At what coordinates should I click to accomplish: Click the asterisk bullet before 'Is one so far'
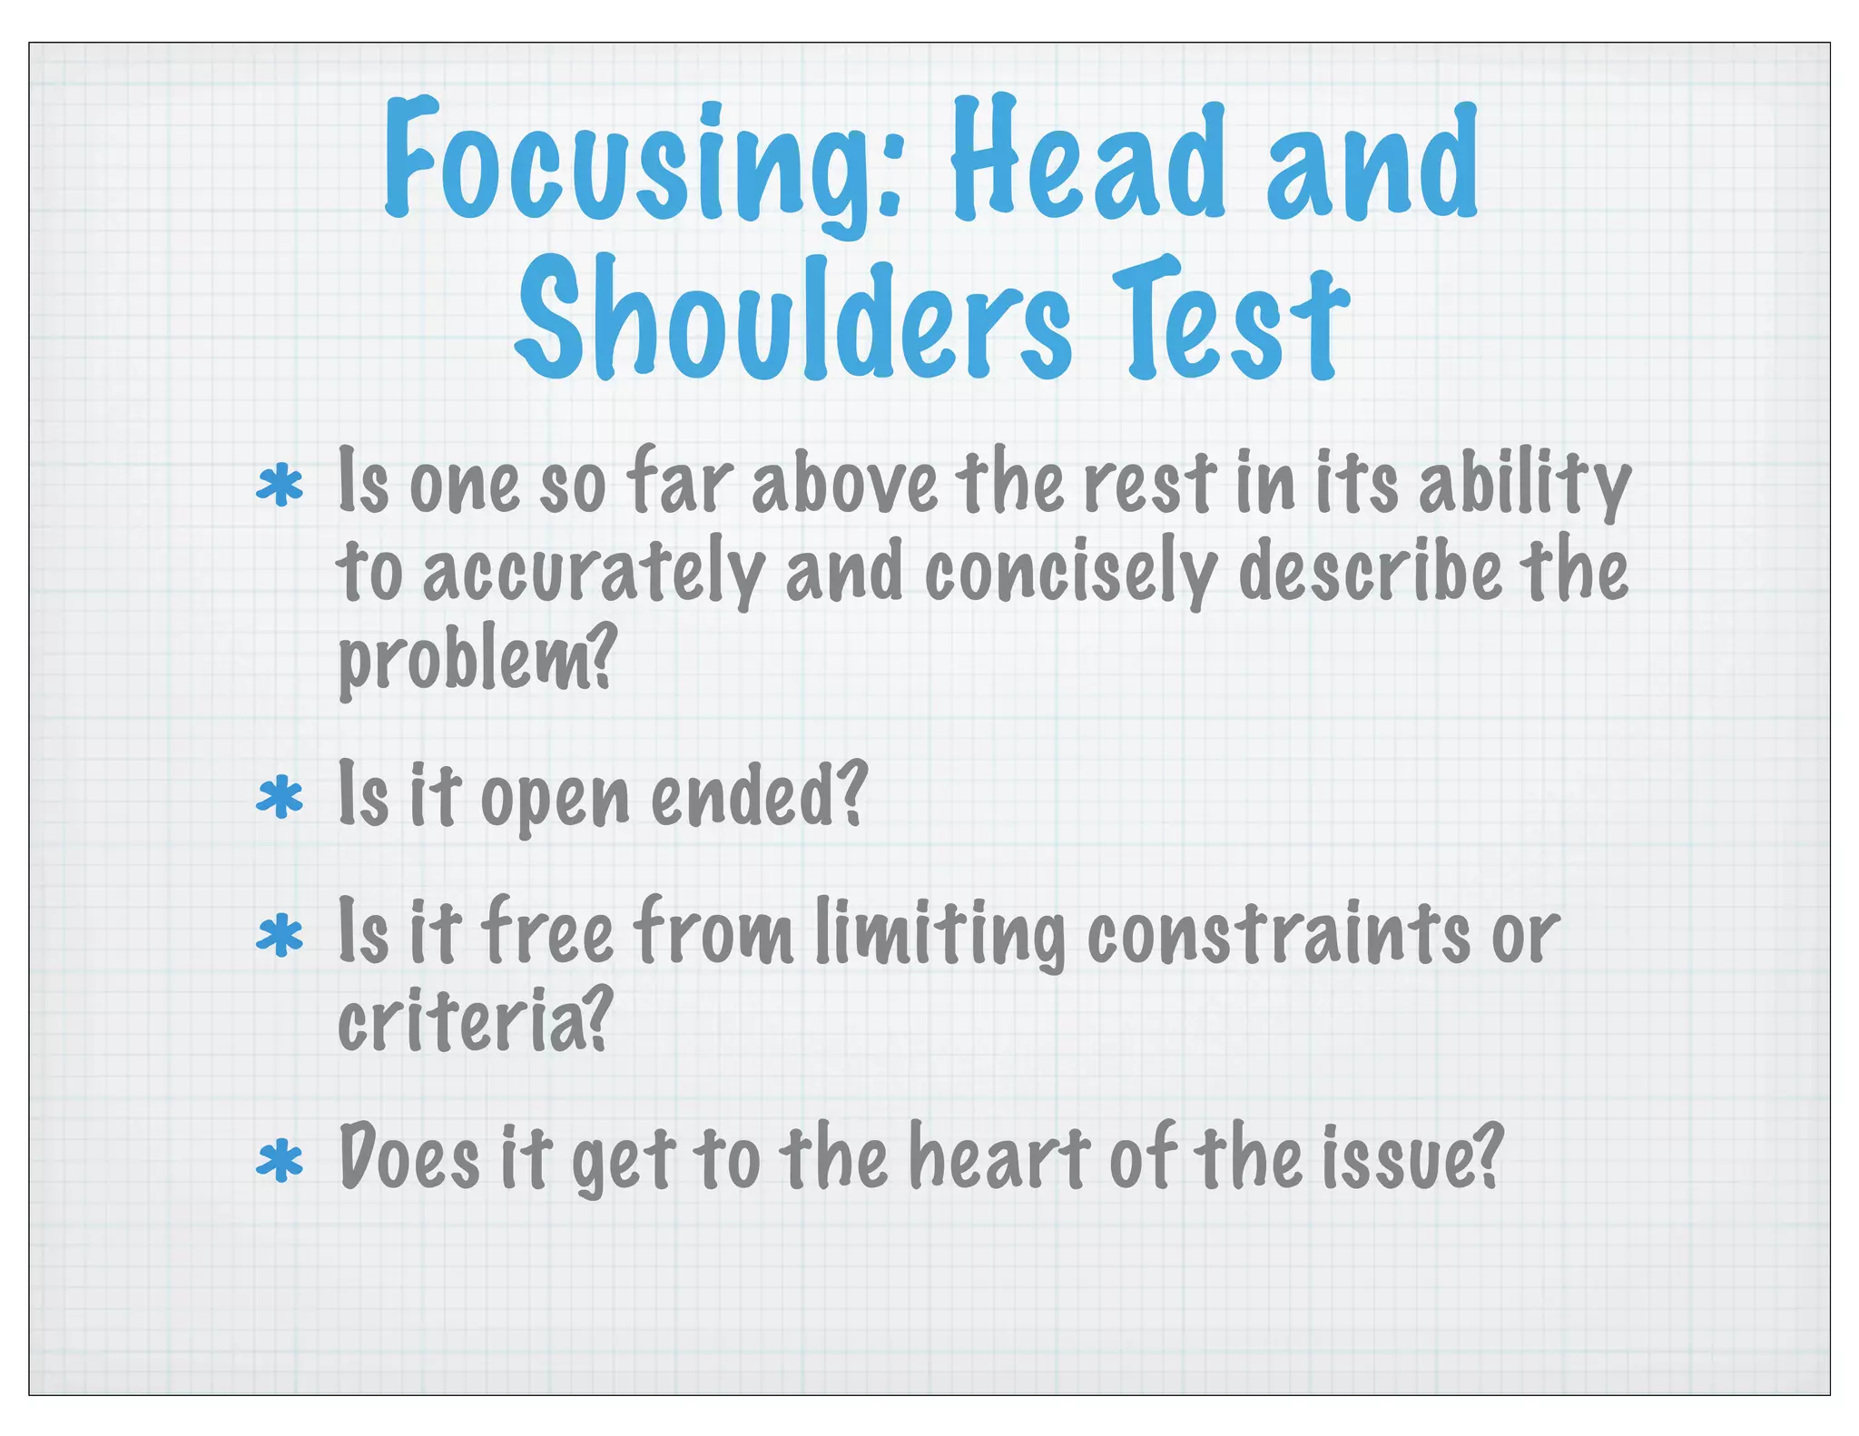[280, 487]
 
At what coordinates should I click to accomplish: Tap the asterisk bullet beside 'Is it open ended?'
[280, 798]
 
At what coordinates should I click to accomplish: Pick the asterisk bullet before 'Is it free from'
[280, 936]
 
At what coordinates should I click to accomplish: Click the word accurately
[594, 574]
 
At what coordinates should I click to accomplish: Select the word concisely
[1070, 574]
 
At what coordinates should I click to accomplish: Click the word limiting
[940, 934]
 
